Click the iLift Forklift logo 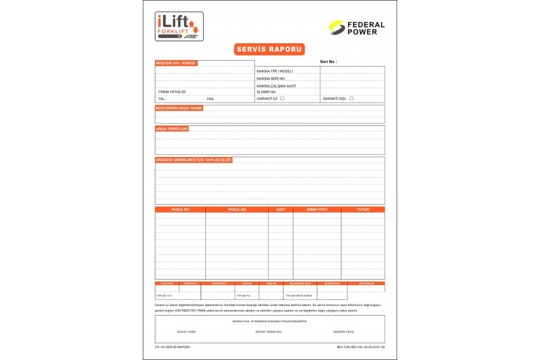pyautogui.click(x=179, y=26)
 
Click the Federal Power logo pyautogui.click(x=357, y=28)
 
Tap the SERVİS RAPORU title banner pyautogui.click(x=269, y=49)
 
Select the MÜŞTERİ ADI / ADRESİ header pyautogui.click(x=176, y=63)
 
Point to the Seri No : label pyautogui.click(x=328, y=62)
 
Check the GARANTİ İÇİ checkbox pyautogui.click(x=282, y=98)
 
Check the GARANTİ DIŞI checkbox pyautogui.click(x=351, y=98)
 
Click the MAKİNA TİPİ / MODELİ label pyautogui.click(x=274, y=71)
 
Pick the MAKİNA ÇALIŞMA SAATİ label pyautogui.click(x=276, y=86)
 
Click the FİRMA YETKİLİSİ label pyautogui.click(x=172, y=92)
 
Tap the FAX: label pyautogui.click(x=211, y=98)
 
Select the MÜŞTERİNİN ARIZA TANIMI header pyautogui.click(x=179, y=108)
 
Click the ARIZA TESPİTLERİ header pyautogui.click(x=172, y=128)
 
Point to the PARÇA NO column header pyautogui.click(x=180, y=209)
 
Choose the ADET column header pyautogui.click(x=280, y=209)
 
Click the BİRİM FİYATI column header pyautogui.click(x=317, y=209)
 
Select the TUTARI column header pyautogui.click(x=362, y=209)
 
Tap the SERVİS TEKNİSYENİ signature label pyautogui.click(x=268, y=331)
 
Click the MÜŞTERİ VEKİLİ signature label pyautogui.click(x=344, y=331)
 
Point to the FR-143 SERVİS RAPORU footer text pyautogui.click(x=173, y=347)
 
